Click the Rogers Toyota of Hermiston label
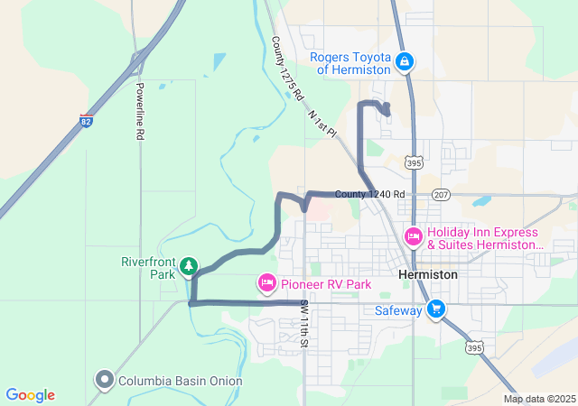pyautogui.click(x=350, y=62)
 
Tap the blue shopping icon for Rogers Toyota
pyautogui.click(x=406, y=61)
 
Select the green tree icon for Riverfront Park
pyautogui.click(x=189, y=265)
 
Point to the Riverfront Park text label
pyautogui.click(x=147, y=268)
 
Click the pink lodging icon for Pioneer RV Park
pyautogui.click(x=266, y=284)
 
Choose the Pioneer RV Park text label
pyautogui.click(x=325, y=284)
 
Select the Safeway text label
pyautogui.click(x=398, y=310)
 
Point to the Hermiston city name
pyautogui.click(x=427, y=273)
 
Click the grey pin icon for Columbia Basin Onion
pyautogui.click(x=105, y=381)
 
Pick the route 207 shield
pyautogui.click(x=441, y=194)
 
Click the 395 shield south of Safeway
pyautogui.click(x=473, y=346)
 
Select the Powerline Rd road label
pyautogui.click(x=141, y=111)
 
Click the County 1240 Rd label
pyautogui.click(x=369, y=194)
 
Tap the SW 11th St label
pyautogui.click(x=305, y=325)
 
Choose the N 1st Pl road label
pyautogui.click(x=322, y=122)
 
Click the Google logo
pyautogui.click(x=30, y=395)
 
